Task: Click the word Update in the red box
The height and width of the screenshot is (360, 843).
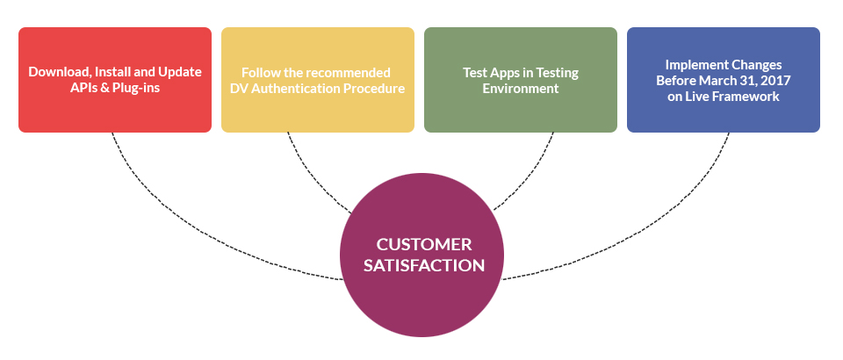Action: click(x=181, y=73)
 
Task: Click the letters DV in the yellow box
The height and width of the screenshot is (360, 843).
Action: click(x=239, y=89)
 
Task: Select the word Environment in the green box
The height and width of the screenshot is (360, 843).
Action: click(x=521, y=89)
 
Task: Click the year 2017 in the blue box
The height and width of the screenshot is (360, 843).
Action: click(x=776, y=81)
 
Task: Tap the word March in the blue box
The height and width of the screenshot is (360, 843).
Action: click(x=721, y=81)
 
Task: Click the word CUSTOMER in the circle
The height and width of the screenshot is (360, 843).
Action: click(x=423, y=244)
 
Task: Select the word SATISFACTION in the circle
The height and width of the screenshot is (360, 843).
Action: click(x=423, y=265)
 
